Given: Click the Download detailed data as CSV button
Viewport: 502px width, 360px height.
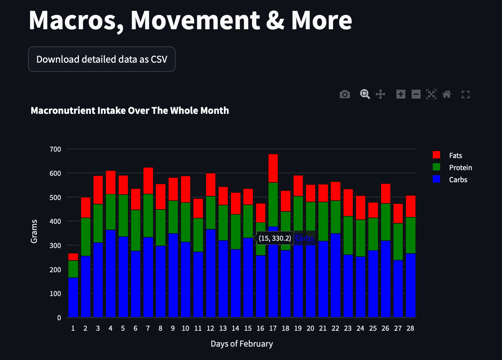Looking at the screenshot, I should click(102, 59).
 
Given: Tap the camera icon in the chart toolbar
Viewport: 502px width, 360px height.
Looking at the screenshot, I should click(345, 94).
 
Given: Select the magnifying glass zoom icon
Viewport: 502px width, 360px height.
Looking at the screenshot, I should click(365, 94).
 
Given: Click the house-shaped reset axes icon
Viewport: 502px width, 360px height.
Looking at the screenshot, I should click(447, 94).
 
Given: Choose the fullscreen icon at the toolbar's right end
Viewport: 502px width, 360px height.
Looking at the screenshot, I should click(466, 94).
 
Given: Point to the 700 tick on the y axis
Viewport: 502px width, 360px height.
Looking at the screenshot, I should click(55, 149).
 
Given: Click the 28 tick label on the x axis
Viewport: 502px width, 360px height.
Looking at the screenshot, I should click(410, 329).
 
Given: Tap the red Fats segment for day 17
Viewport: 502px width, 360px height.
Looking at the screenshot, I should click(273, 168).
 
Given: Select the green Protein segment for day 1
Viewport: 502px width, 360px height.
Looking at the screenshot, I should click(73, 269).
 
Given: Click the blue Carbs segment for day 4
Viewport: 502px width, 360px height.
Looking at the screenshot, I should click(111, 273).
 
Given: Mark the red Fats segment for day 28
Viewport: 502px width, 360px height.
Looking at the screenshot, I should click(410, 206).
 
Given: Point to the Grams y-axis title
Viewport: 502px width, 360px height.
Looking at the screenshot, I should click(34, 231).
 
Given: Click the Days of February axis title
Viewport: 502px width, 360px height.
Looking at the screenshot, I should click(242, 344).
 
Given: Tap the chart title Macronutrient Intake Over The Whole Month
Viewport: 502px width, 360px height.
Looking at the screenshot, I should click(130, 111).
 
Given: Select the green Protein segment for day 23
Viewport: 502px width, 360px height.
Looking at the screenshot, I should click(348, 235).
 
